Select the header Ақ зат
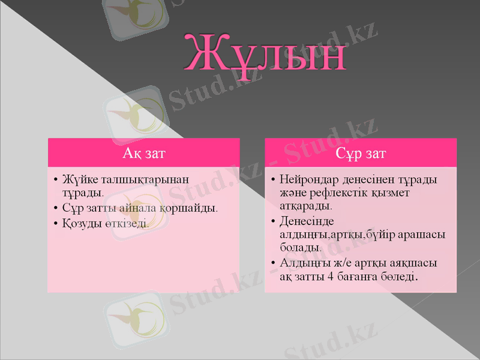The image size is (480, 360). pos(143,154)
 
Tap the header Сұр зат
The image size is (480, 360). pos(361,154)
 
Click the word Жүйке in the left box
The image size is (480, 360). pos(77,179)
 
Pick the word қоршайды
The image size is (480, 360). pos(189,208)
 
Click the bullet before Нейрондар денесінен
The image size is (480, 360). pos(273,180)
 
